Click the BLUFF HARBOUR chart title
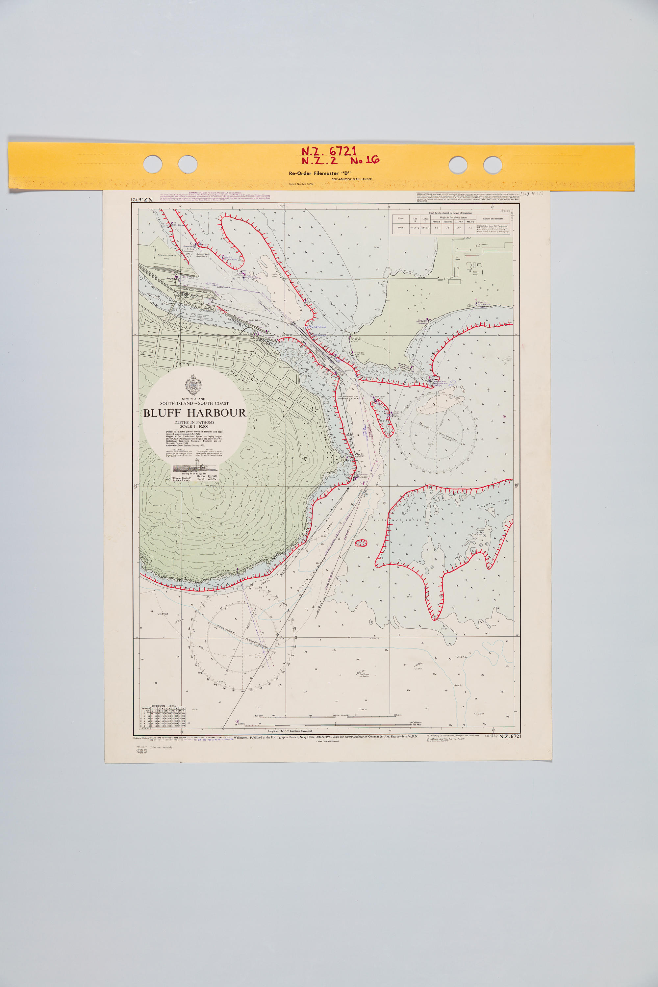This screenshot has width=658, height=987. pyautogui.click(x=194, y=413)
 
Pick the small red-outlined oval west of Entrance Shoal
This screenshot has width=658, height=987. pyautogui.click(x=361, y=543)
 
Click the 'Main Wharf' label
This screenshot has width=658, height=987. pyautogui.click(x=255, y=320)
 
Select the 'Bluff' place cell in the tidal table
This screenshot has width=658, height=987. pyautogui.click(x=401, y=228)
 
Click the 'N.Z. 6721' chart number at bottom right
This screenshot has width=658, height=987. pyautogui.click(x=510, y=737)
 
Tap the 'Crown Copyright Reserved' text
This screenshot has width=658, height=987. pyautogui.click(x=327, y=742)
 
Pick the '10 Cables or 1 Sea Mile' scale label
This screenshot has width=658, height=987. pyautogui.click(x=416, y=724)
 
